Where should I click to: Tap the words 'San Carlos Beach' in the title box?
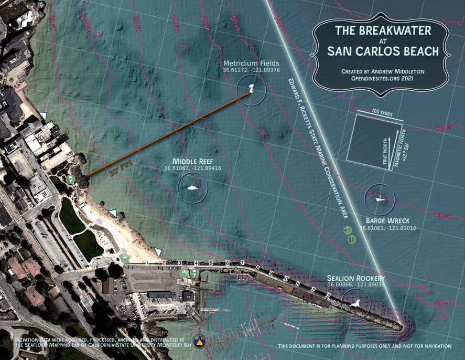click(381, 51)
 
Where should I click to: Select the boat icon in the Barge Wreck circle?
click(381, 198)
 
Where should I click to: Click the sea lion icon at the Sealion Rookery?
click(354, 303)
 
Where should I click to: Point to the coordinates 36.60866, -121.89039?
click(349, 284)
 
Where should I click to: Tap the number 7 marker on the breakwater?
click(242, 262)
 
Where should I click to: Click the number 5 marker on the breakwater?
click(211, 262)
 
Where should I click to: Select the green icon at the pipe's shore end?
click(70, 179)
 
